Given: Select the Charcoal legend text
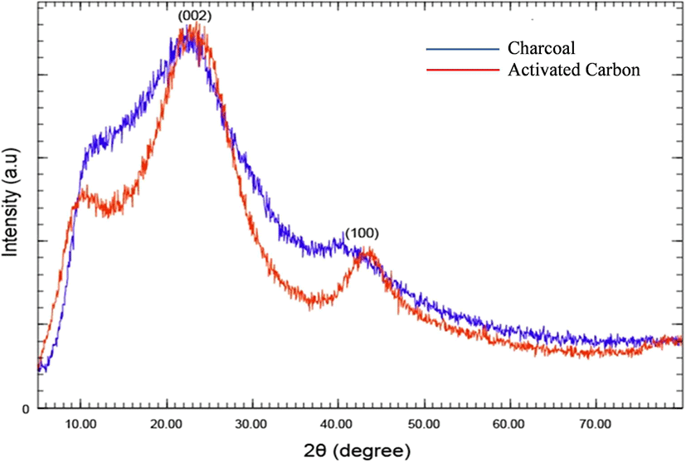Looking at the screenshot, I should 540,47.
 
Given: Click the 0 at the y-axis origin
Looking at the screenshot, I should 26,409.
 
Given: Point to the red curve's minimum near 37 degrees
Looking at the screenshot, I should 312,304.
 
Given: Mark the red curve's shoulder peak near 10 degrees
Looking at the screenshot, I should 81,197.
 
